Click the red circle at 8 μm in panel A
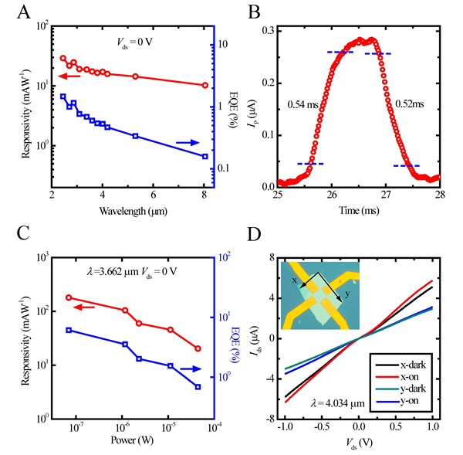pyautogui.click(x=204, y=85)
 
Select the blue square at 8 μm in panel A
pyautogui.click(x=204, y=156)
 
